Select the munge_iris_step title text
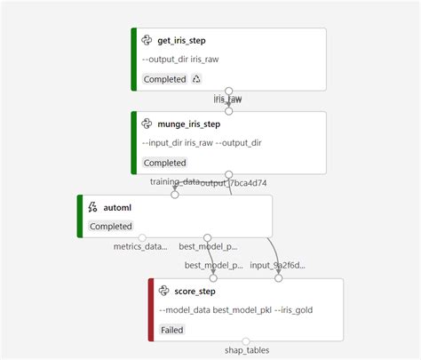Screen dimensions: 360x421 click(189, 124)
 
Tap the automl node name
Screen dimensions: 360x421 click(118, 207)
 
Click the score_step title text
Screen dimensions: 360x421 click(195, 291)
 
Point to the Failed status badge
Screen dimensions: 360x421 click(172, 330)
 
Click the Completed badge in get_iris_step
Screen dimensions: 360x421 click(164, 79)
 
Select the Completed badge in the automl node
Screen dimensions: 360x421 click(110, 226)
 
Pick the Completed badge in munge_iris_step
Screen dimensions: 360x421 click(164, 163)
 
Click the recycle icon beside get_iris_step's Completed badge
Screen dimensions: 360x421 click(196, 79)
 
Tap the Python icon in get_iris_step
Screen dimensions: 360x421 click(147, 40)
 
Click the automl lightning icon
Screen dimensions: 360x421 click(92, 207)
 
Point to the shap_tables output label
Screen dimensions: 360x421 click(246, 350)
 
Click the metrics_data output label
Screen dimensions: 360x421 click(141, 246)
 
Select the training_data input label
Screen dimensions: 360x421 click(174, 182)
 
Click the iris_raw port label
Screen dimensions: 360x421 click(228, 100)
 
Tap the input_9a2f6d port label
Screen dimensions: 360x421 click(278, 265)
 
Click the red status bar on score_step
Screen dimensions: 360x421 click(151, 309)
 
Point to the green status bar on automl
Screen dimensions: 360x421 click(79, 216)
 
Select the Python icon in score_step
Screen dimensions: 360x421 click(164, 291)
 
